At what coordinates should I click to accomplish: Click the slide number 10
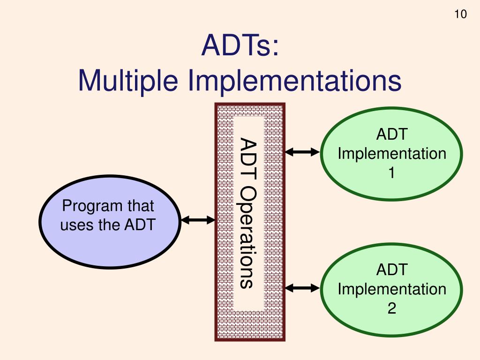[460, 15]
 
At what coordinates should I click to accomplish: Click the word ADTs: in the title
[240, 47]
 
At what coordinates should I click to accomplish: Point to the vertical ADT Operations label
[248, 213]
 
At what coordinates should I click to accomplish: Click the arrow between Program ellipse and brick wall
[197, 220]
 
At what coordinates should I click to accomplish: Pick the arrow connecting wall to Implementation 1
[302, 151]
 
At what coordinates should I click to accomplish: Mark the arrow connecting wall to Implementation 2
[302, 287]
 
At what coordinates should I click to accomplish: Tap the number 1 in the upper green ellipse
[391, 173]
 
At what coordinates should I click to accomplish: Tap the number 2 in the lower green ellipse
[391, 308]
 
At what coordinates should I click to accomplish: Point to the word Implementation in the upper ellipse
[392, 154]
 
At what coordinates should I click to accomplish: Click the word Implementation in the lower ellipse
[392, 289]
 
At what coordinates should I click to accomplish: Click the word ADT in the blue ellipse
[139, 225]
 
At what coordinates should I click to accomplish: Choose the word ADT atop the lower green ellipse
[392, 270]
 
